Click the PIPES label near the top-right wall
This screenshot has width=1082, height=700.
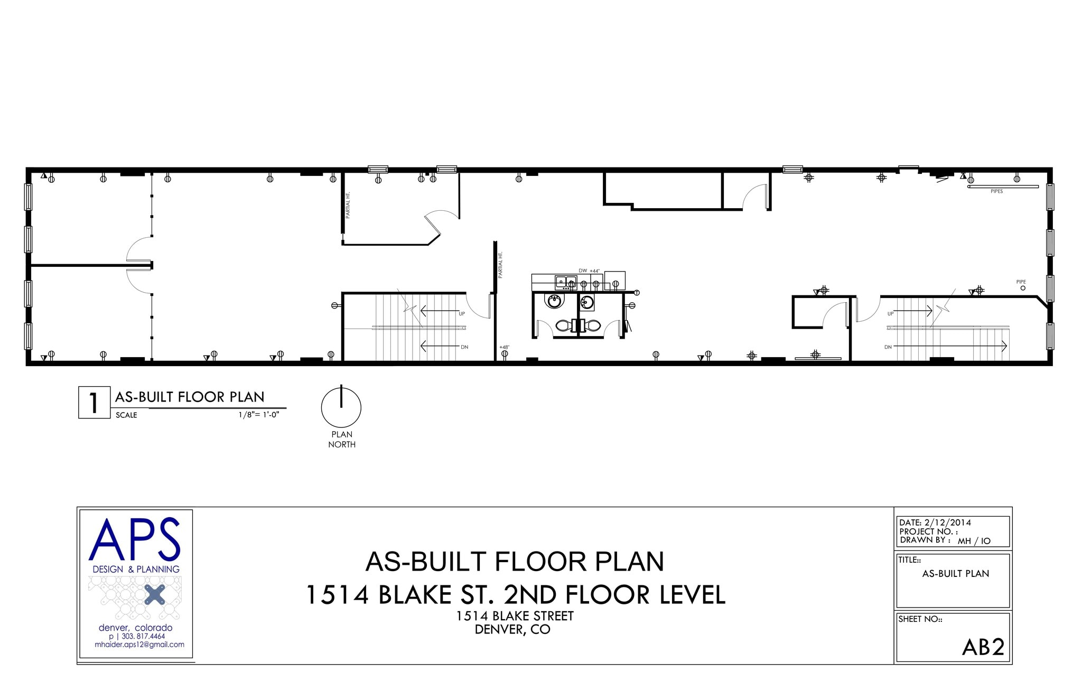[x=996, y=191]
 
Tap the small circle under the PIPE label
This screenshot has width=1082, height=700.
[x=1023, y=288]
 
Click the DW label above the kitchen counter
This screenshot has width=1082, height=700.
[x=583, y=270]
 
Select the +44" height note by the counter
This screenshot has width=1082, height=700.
[x=595, y=270]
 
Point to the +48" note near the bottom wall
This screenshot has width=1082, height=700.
[x=504, y=347]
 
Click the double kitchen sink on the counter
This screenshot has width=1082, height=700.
[x=565, y=282]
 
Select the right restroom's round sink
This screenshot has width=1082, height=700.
[x=586, y=303]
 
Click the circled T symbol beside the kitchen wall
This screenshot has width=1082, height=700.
[x=637, y=293]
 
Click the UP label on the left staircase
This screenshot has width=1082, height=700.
[x=462, y=314]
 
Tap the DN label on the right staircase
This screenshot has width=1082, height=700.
[x=888, y=347]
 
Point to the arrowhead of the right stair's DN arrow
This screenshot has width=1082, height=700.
[x=1004, y=346]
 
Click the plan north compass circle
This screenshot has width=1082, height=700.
[x=341, y=408]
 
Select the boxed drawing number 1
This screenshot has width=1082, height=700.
[x=94, y=403]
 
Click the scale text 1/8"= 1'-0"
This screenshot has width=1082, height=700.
[x=258, y=415]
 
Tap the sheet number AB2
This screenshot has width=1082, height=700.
[x=983, y=647]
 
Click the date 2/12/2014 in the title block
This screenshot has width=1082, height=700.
[x=948, y=522]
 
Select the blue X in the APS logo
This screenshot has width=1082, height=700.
[x=154, y=595]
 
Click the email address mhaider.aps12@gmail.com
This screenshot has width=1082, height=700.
[x=139, y=645]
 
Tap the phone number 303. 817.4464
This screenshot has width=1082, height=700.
[x=143, y=637]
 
